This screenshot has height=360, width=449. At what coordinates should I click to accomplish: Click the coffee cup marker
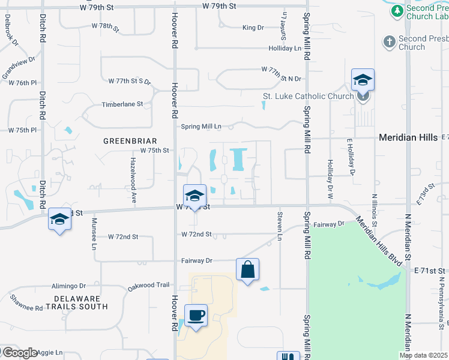click(195, 316)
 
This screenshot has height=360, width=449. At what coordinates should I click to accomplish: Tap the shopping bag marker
click(247, 271)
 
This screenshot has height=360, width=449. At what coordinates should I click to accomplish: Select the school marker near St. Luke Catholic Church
click(363, 80)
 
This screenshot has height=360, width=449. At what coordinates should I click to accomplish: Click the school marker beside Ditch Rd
click(59, 220)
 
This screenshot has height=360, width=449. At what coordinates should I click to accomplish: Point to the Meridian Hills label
click(408, 137)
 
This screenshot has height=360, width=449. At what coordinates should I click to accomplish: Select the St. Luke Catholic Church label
click(308, 96)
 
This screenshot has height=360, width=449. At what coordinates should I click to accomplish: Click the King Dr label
click(253, 28)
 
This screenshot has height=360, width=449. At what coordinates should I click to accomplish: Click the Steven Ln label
click(280, 225)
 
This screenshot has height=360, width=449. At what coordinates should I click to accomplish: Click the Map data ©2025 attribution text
click(423, 355)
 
